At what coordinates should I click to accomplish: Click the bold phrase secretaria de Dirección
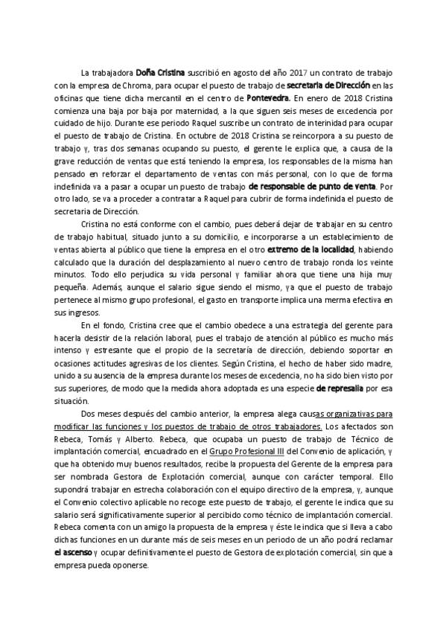tap(328, 86)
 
